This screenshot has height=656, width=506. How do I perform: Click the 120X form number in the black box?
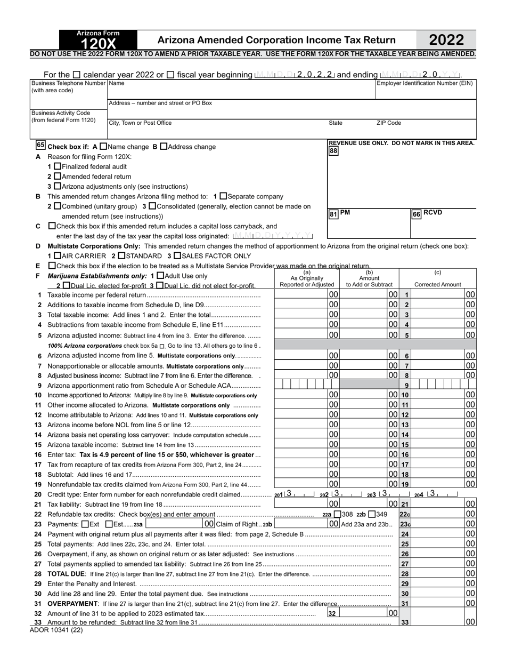click(x=98, y=44)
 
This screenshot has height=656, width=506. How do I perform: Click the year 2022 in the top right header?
click(x=446, y=40)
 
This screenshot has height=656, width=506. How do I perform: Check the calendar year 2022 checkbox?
click(x=77, y=75)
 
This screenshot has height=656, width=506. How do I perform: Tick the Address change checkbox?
click(x=164, y=146)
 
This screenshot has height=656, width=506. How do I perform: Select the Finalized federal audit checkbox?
click(x=58, y=166)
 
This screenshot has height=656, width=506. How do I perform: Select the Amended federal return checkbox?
click(x=58, y=177)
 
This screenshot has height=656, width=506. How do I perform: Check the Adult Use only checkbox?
click(x=160, y=276)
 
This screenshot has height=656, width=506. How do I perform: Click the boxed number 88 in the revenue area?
click(x=333, y=151)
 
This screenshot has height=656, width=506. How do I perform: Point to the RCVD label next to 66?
click(x=433, y=213)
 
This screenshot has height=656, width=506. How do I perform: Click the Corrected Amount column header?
click(x=438, y=285)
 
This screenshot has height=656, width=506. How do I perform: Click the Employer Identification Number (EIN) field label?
click(x=425, y=83)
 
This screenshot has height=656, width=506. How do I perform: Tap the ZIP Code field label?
click(x=389, y=123)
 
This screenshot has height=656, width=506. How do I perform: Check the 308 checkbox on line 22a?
click(x=337, y=514)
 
